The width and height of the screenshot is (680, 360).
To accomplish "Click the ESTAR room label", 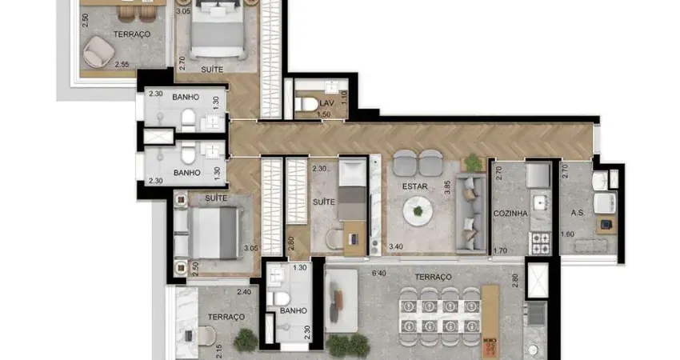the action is coord(414,186).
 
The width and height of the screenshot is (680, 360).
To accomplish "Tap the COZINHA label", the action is coord(510,214).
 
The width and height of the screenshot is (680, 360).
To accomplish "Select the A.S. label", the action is coord(578,213).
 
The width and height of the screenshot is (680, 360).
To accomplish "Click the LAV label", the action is coord(326,103).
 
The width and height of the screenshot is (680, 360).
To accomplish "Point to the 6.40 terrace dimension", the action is coord(378,274).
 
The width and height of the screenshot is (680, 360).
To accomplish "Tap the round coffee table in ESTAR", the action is coord(418,212).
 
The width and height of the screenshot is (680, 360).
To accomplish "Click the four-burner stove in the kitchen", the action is coord(541,243).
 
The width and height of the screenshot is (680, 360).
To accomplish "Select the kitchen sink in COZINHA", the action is coord(540,202).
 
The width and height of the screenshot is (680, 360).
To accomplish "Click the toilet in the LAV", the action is coord(306,104).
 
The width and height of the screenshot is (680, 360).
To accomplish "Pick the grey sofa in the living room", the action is coord(470,213).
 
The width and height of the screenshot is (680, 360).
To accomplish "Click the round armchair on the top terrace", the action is coord(99,52).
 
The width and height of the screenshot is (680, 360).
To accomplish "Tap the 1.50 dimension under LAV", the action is coord(323,114).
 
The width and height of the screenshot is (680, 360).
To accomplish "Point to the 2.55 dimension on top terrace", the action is coord(122,64).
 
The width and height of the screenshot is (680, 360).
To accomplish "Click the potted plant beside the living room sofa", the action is coord(473,163).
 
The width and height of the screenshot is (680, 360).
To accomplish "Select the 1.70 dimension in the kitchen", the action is coord(500,250).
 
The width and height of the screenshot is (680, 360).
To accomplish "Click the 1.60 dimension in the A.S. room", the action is coord(567,234).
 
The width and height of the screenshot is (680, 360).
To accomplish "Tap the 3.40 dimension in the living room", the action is coord(395,246).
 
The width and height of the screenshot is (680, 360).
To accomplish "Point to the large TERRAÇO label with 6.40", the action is coord(433,277).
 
